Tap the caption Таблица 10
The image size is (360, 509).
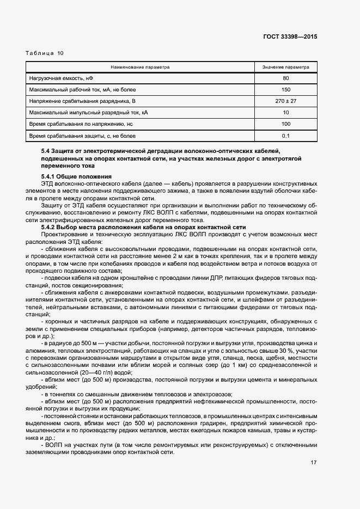tap(45, 53)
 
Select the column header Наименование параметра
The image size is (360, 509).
tap(140, 68)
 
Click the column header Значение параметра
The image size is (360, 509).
tap(285, 68)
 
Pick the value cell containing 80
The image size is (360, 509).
tap(285, 78)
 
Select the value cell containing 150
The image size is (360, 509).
tap(285, 90)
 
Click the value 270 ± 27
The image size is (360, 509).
tap(285, 101)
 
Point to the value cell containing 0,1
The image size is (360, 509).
tap(285, 136)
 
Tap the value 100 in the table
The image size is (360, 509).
tap(285, 124)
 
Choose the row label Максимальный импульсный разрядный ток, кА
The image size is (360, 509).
tap(88, 113)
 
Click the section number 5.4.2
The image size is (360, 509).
tap(50, 227)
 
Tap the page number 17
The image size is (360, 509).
tap(314, 463)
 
